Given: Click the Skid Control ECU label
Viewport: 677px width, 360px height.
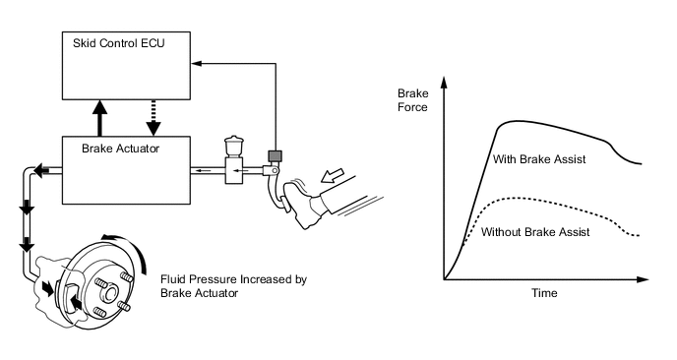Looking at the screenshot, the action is click(x=119, y=43).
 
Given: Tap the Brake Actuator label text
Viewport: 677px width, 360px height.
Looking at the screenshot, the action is click(x=120, y=149).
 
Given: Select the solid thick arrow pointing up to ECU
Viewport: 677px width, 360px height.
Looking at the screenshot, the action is click(x=100, y=118).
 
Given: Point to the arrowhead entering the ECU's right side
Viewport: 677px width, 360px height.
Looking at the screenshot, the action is click(x=197, y=64).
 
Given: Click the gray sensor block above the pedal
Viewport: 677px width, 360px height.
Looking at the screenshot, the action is click(x=275, y=155).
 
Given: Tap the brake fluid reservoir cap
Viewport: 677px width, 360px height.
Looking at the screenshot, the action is click(x=234, y=141).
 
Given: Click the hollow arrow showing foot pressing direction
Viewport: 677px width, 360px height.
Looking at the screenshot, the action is click(x=333, y=175).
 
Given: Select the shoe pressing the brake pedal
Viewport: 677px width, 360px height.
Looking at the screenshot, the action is click(x=303, y=203).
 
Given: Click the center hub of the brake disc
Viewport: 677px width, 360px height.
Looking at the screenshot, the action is click(x=109, y=294).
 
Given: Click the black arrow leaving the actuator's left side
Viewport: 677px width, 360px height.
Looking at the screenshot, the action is click(x=42, y=170).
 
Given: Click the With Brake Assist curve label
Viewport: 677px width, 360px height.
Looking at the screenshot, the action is click(x=539, y=159).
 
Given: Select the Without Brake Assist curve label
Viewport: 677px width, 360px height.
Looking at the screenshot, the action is click(x=535, y=232).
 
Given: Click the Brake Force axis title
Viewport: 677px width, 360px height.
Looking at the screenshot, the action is click(x=413, y=100).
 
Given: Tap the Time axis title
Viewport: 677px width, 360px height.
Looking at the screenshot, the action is click(x=544, y=293).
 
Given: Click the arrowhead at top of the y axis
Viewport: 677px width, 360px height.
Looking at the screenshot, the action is click(x=444, y=83).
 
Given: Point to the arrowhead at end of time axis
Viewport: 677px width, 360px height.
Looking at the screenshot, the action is click(x=643, y=279).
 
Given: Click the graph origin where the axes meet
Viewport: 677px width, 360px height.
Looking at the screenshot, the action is click(x=444, y=279).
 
